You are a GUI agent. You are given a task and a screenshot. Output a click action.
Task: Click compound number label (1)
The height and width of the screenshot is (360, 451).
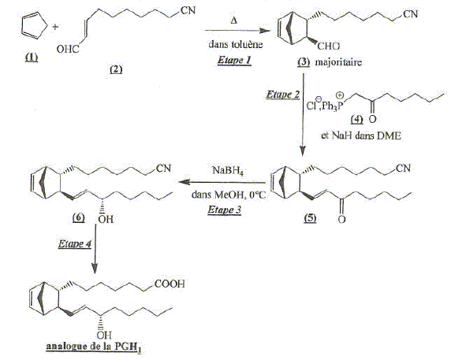coord(32,58)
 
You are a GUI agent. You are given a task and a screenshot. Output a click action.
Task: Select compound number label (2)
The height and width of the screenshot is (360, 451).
coord(116,69)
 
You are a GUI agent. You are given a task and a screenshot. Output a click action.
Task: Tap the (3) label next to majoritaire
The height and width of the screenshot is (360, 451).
coord(304,62)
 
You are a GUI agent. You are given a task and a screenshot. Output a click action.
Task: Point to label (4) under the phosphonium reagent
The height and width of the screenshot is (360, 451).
coord(357,119)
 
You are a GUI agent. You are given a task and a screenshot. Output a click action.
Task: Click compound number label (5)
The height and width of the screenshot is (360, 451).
coord(310,218)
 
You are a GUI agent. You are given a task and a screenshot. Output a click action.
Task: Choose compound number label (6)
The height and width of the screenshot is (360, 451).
coord(79,218)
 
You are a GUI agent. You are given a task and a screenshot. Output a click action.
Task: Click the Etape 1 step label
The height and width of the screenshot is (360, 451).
coord(234,61)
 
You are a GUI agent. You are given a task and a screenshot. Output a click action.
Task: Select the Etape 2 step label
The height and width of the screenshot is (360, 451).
coord(283,95)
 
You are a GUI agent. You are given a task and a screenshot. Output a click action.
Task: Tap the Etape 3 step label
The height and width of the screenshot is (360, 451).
coord(225,210)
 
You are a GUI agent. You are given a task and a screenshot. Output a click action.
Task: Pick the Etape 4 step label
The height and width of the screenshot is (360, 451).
coord(75,244)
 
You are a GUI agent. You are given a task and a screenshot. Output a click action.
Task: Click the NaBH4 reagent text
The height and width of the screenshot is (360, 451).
coord(228,171)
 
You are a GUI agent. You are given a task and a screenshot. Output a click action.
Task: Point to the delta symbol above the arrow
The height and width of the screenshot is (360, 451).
coord(234,20)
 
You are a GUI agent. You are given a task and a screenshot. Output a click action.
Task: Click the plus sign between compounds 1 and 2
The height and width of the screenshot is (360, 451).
coord(55,27)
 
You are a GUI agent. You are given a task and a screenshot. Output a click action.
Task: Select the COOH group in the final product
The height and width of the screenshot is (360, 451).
coord(170,284)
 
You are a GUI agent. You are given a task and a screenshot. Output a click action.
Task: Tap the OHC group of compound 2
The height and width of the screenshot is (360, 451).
coord(68,49)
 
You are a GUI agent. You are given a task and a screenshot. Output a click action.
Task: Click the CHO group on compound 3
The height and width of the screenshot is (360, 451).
coord(329,46)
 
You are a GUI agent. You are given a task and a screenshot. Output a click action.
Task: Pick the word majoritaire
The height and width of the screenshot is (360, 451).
coord(338,62)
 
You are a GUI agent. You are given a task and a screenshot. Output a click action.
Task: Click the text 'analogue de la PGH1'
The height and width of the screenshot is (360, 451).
coord(94,347)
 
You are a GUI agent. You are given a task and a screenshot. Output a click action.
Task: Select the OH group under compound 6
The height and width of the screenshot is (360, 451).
coord(106,220)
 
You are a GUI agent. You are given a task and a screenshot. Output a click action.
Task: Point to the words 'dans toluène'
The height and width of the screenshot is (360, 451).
coord(236,44)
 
